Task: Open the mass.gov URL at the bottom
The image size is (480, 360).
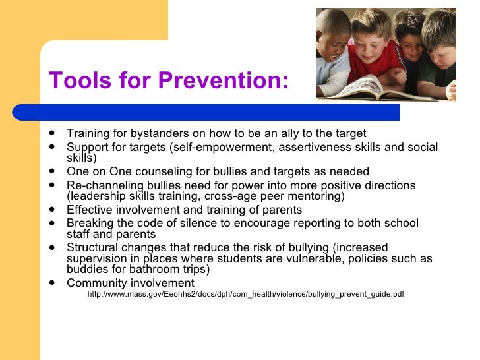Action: click(245, 294)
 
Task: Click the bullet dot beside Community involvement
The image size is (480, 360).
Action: click(51, 284)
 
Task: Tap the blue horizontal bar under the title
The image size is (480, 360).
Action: click(218, 112)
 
